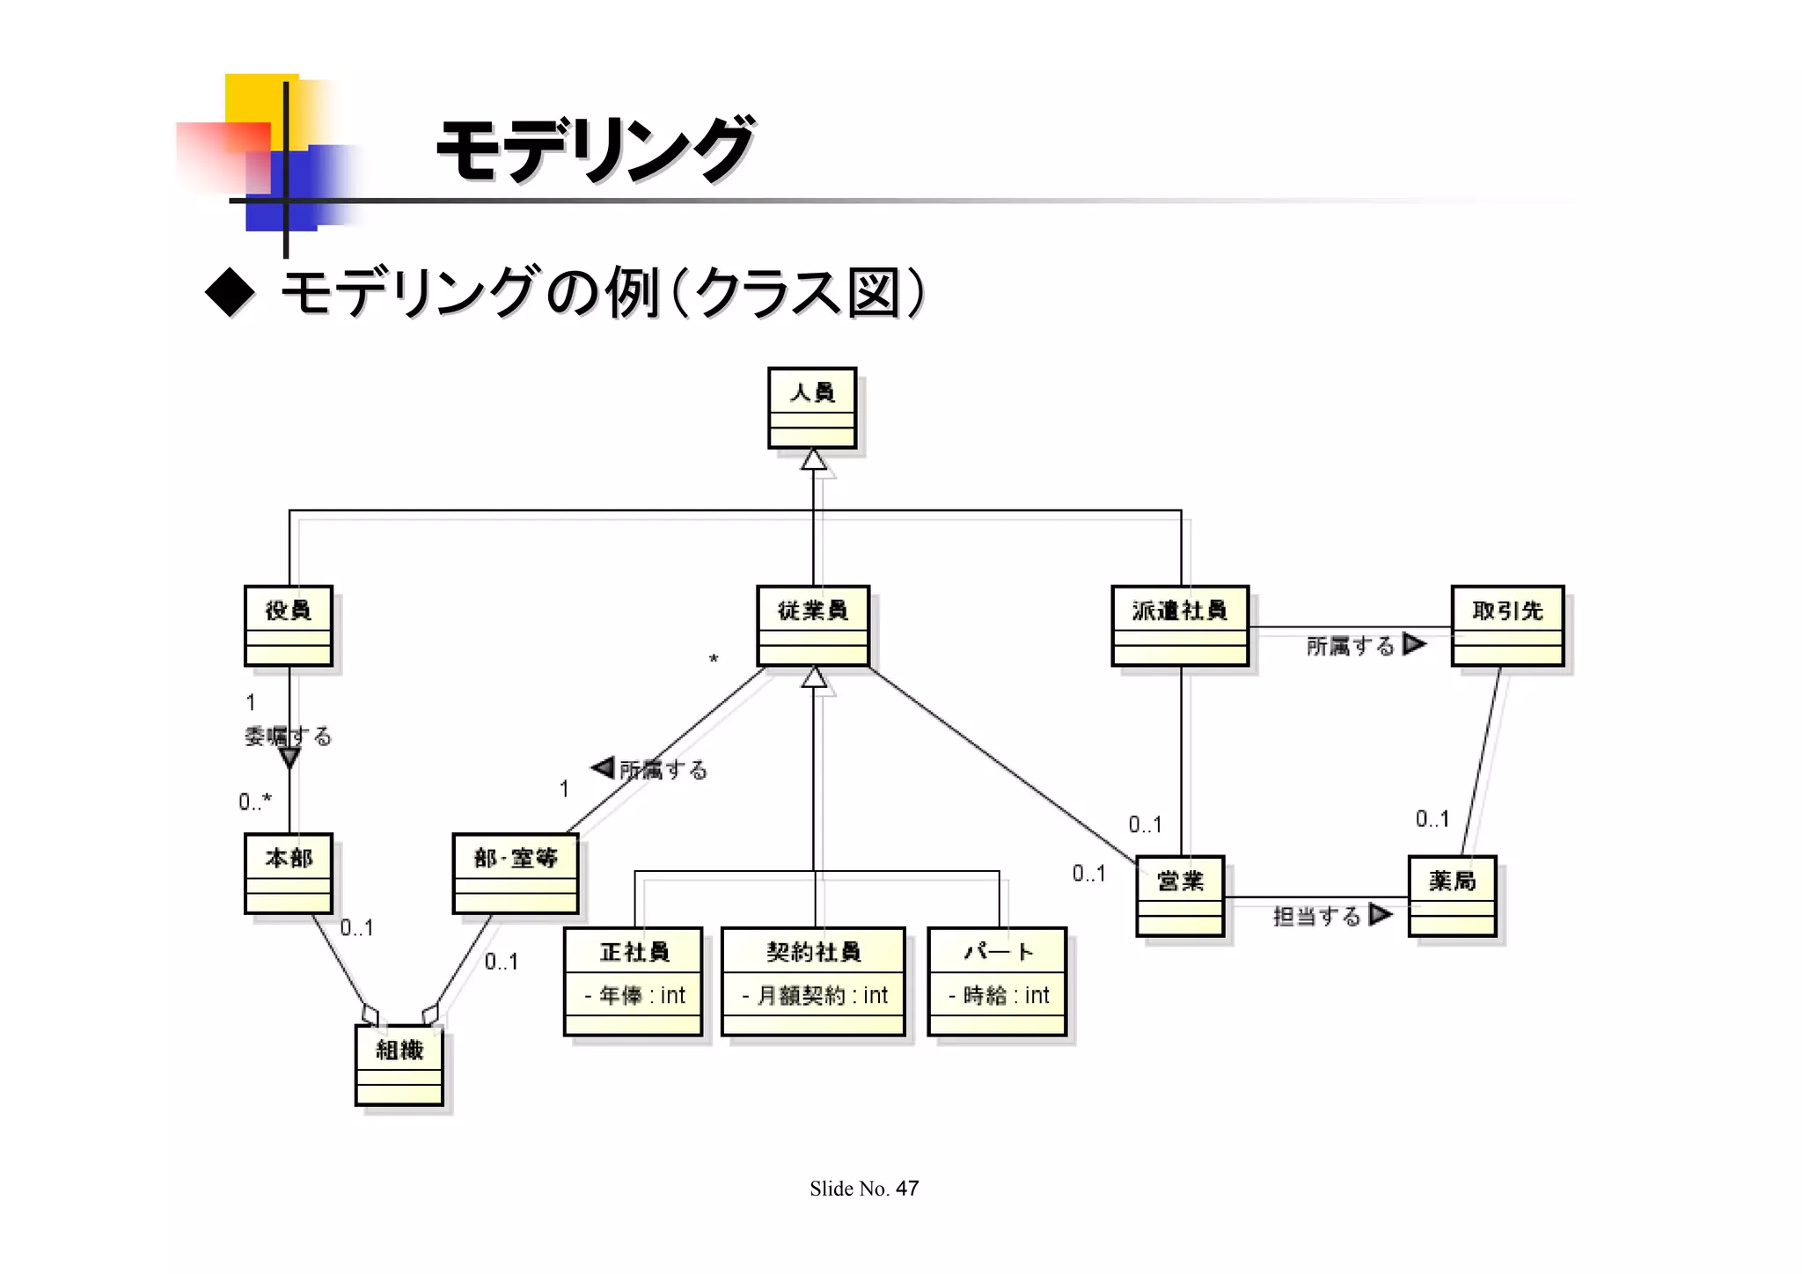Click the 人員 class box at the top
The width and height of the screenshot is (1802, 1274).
(812, 408)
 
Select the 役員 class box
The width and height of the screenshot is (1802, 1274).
(289, 626)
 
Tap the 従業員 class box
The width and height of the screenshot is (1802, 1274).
(813, 626)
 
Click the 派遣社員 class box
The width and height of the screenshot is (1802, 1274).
(1180, 626)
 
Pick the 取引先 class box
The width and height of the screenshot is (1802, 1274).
(1507, 626)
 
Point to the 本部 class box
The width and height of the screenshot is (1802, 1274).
(289, 874)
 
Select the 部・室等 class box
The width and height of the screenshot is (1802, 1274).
(516, 874)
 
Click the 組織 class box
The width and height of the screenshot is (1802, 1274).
(399, 1065)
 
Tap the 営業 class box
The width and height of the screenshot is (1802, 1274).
(1180, 897)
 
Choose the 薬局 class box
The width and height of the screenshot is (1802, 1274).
(1452, 897)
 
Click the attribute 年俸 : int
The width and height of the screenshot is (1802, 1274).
(634, 996)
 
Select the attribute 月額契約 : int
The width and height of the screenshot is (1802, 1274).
(814, 996)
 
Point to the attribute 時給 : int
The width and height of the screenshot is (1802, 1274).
(999, 996)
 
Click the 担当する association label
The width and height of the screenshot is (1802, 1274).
(1316, 917)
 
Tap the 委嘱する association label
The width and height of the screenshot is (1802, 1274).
(288, 736)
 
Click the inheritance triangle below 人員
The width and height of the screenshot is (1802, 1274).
(814, 460)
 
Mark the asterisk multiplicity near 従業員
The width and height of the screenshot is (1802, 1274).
(714, 659)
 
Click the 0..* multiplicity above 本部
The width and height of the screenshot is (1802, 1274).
(255, 802)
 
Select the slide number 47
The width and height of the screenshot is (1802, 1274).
(907, 1189)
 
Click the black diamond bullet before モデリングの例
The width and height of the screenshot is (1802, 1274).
(230, 292)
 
